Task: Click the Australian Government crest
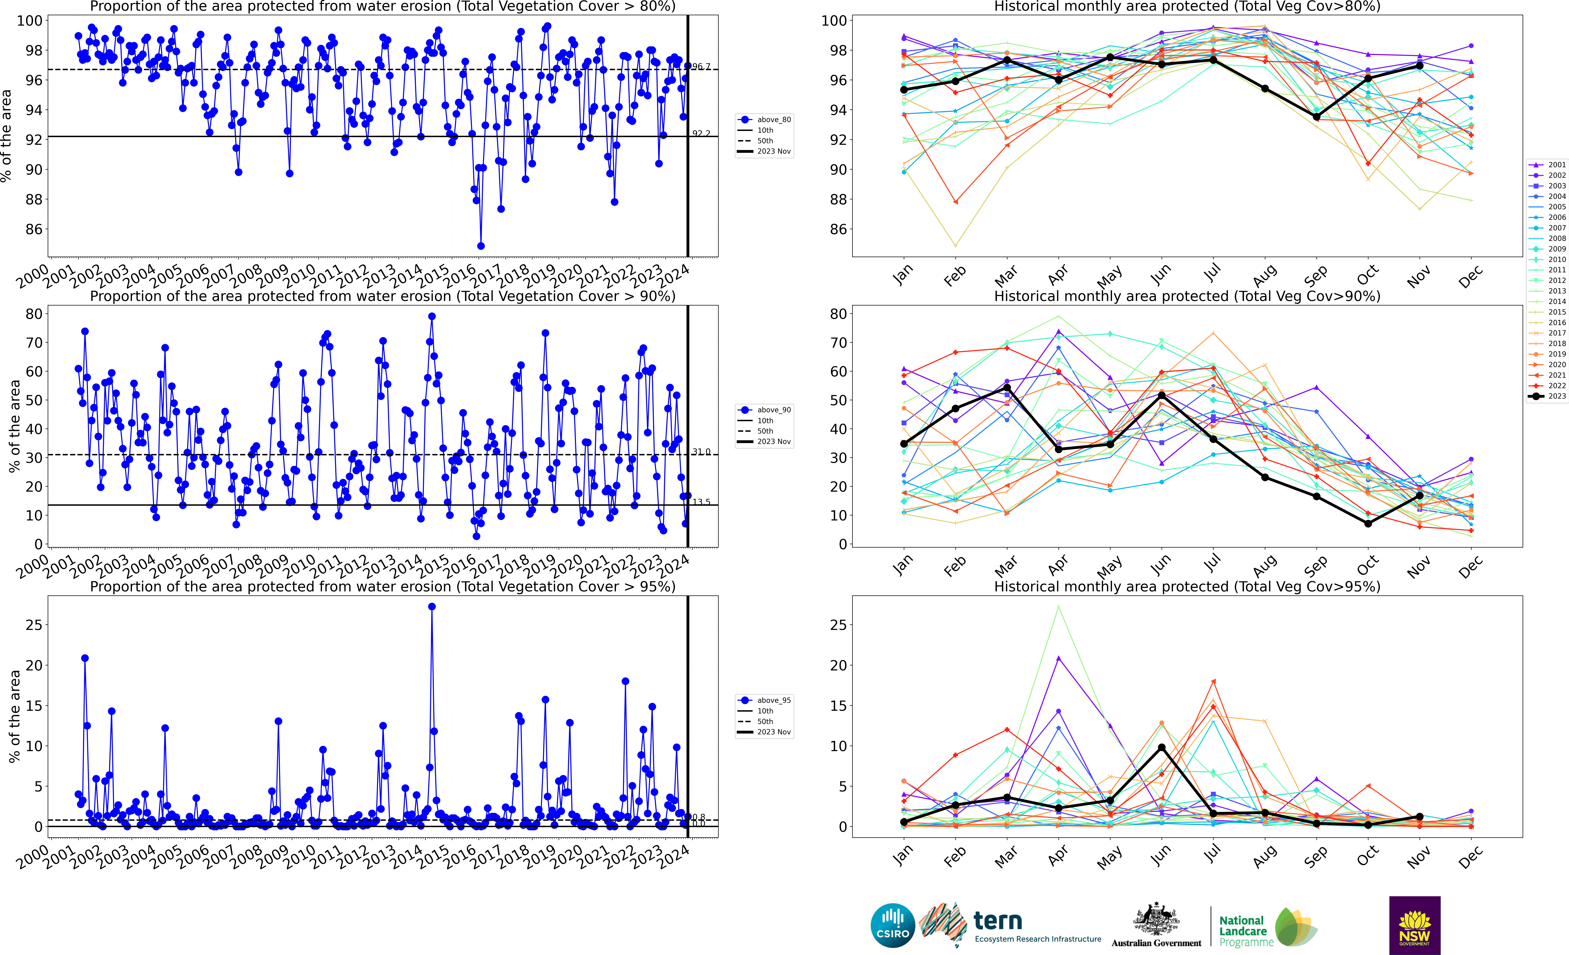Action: point(1156,920)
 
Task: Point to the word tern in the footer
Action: point(998,921)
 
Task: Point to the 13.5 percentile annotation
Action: point(701,502)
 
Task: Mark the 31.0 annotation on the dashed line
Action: point(701,451)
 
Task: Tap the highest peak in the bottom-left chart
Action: point(432,607)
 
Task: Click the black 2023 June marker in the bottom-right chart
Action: point(1161,747)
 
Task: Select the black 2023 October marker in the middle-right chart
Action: point(1368,523)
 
